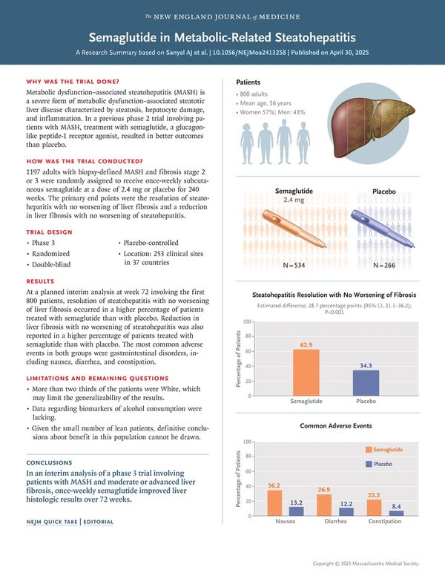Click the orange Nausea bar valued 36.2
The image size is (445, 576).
274,503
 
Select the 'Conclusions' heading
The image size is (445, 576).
49,462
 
